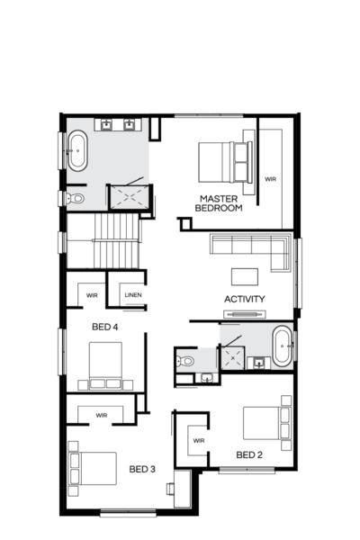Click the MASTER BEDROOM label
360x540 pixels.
pyautogui.click(x=221, y=203)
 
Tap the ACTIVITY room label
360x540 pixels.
pyautogui.click(x=244, y=299)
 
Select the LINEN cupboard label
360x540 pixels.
pyautogui.click(x=133, y=294)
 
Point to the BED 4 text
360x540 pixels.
pyautogui.click(x=105, y=327)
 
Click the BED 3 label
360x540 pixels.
pyautogui.click(x=142, y=469)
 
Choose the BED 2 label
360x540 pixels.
pyautogui.click(x=249, y=455)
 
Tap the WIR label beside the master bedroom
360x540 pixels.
pyautogui.click(x=270, y=179)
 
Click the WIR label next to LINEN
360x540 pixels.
pyautogui.click(x=92, y=294)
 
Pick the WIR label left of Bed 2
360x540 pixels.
pyautogui.click(x=199, y=440)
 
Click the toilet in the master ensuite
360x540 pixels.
pyautogui.click(x=76, y=198)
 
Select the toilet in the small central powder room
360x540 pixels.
pyautogui.click(x=186, y=360)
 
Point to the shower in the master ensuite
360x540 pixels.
pyautogui.click(x=127, y=197)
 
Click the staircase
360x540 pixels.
pyautogui.click(x=104, y=242)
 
